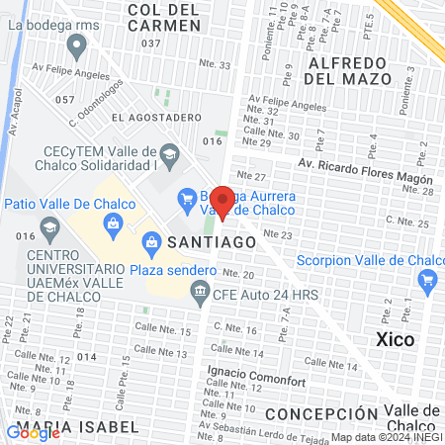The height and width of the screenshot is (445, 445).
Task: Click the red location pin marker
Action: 222,201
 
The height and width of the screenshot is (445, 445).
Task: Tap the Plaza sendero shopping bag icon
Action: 152,240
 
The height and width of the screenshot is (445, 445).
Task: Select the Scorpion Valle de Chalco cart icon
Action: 428,282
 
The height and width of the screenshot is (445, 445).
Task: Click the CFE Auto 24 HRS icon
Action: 201,291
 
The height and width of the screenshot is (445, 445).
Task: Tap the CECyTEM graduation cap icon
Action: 169,153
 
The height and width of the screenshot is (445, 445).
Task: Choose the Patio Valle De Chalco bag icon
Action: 114,223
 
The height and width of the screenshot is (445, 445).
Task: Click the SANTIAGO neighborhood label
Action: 206,240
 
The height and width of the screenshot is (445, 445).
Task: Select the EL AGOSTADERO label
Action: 150,116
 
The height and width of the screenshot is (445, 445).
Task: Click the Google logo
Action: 34,431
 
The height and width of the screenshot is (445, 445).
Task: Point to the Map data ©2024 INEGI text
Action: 387,437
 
